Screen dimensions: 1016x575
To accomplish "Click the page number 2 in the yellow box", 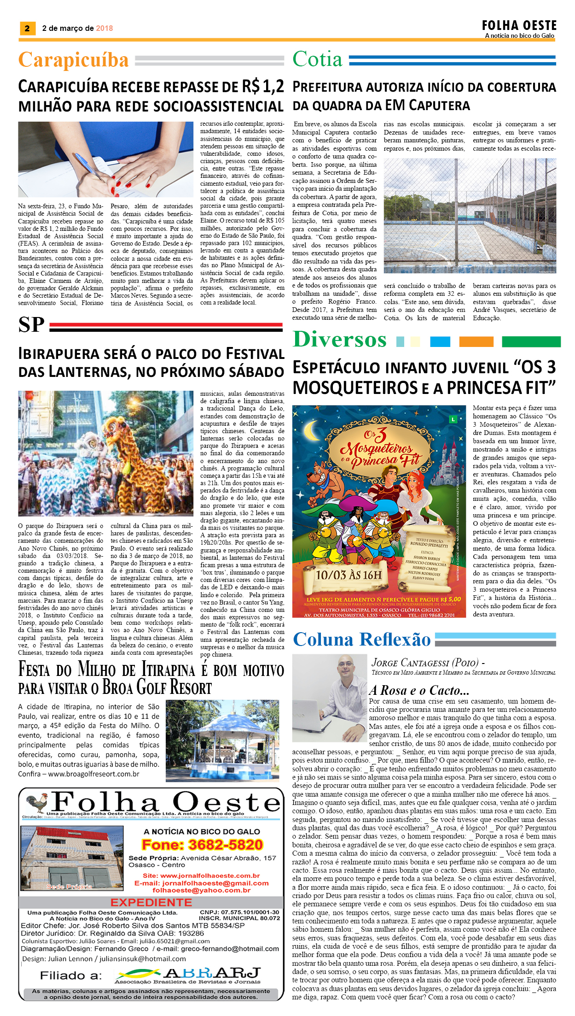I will click(x=27, y=29).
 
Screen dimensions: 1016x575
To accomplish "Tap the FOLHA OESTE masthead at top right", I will click(x=519, y=26).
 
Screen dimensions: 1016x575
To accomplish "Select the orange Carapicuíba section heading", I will click(x=74, y=60).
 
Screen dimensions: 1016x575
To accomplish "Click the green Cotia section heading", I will click(x=318, y=59).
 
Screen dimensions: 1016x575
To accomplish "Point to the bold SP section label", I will click(x=31, y=325).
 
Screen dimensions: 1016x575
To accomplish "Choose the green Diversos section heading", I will click(x=340, y=340).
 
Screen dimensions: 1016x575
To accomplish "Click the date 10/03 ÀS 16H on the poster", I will click(x=348, y=575).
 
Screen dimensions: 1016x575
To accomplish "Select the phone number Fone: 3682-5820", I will click(x=203, y=845).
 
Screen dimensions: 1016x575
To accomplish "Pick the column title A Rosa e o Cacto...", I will click(x=419, y=690).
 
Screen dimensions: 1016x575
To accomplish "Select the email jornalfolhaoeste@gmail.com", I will click(x=201, y=883).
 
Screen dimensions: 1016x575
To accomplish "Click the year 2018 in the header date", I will click(x=105, y=29).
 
